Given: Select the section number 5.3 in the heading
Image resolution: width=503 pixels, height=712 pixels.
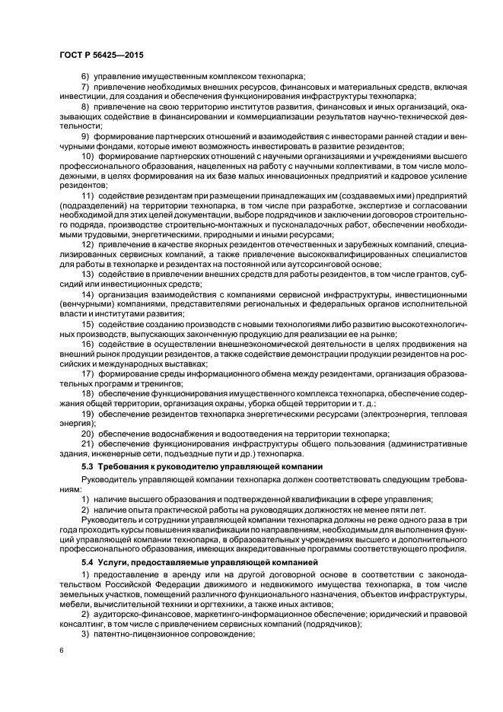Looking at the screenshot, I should [88, 466].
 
